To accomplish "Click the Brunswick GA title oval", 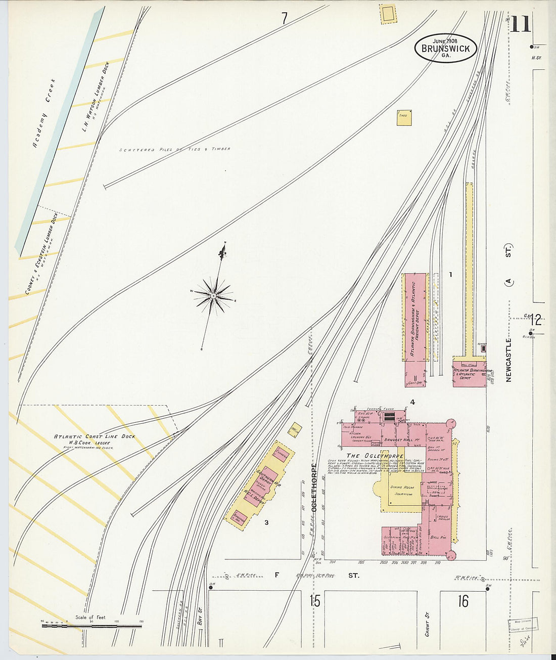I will pyautogui.click(x=445, y=49).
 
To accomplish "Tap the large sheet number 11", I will pyautogui.click(x=520, y=24).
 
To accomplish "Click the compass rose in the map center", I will pyautogui.click(x=214, y=295).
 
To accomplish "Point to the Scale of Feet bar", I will pyautogui.click(x=91, y=626).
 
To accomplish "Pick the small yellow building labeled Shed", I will pyautogui.click(x=404, y=118).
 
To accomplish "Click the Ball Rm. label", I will pyautogui.click(x=438, y=537).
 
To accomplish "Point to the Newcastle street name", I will pyautogui.click(x=508, y=360).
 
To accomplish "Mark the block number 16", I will pyautogui.click(x=463, y=601).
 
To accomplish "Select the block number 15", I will pyautogui.click(x=315, y=601).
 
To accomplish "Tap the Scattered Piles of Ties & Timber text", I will pyautogui.click(x=175, y=149).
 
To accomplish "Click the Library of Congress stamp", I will pyautogui.click(x=523, y=625).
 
